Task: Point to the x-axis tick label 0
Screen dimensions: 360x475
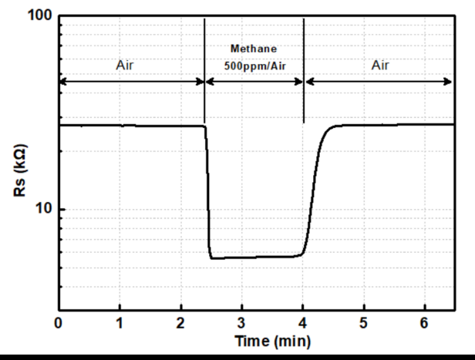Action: (x=59, y=322)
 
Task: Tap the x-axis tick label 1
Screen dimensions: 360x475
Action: (x=120, y=322)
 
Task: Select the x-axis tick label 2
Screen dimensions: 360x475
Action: (x=180, y=322)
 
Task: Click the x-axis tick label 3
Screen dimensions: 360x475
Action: (x=241, y=322)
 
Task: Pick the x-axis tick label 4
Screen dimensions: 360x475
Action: (x=302, y=322)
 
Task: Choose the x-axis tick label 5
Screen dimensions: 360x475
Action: (x=363, y=322)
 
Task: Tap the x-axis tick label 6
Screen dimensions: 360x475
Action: (x=424, y=322)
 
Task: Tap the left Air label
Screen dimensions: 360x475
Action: (x=124, y=66)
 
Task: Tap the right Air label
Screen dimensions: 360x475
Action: (x=379, y=66)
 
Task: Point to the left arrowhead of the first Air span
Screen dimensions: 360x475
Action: (x=62, y=81)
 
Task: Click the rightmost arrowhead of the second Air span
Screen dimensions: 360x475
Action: (x=450, y=81)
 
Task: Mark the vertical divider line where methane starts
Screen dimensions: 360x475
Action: (x=204, y=69)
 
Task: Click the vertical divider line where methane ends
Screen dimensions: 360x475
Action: (x=305, y=69)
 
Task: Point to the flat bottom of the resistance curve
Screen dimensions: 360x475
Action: (x=254, y=257)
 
